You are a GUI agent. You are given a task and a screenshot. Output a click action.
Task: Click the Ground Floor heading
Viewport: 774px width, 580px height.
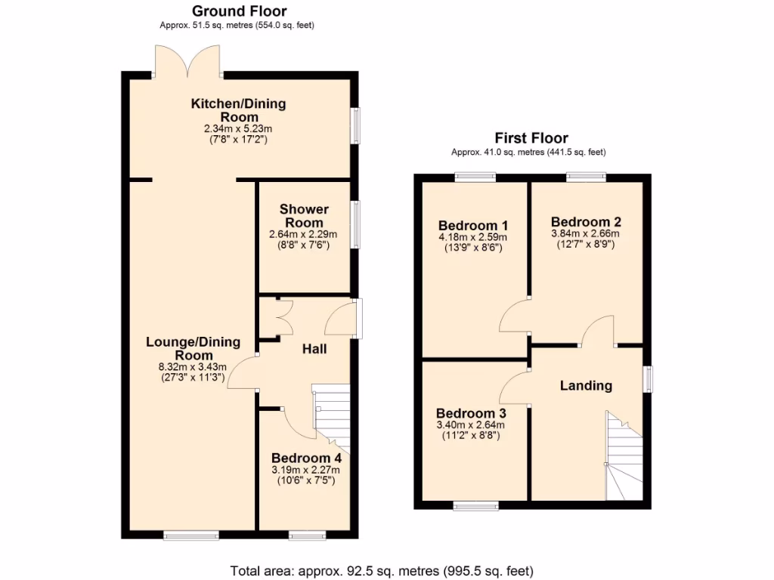(240, 11)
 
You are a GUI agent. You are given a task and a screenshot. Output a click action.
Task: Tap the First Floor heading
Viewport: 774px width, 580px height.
(531, 137)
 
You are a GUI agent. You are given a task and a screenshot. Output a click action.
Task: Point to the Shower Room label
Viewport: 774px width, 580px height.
(304, 215)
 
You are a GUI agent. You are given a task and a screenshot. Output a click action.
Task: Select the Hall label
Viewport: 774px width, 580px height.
(314, 349)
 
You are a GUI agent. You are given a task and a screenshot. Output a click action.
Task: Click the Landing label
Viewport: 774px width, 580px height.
(586, 386)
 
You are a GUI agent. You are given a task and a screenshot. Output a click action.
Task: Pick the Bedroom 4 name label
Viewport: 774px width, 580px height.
(306, 458)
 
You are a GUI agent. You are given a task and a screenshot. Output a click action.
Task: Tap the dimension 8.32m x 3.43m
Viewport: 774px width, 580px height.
(193, 367)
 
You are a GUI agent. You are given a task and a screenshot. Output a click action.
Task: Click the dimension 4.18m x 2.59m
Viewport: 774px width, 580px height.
(473, 237)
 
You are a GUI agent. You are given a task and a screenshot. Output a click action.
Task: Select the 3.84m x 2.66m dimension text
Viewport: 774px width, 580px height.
(586, 233)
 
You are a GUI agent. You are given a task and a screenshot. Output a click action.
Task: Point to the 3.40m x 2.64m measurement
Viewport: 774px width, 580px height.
(470, 425)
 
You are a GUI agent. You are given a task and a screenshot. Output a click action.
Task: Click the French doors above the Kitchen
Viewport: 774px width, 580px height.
(187, 61)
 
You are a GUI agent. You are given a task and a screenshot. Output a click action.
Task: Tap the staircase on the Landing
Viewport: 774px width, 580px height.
(624, 455)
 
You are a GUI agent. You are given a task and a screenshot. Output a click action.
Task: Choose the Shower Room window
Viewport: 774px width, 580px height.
(355, 224)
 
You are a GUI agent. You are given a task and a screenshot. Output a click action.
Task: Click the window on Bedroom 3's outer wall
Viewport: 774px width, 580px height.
(476, 505)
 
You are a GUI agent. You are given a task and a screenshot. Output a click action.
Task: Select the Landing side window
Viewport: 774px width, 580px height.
(648, 379)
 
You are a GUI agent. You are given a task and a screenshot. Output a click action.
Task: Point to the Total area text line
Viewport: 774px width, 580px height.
(382, 571)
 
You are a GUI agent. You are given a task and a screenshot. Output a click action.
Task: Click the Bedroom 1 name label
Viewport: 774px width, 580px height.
(473, 225)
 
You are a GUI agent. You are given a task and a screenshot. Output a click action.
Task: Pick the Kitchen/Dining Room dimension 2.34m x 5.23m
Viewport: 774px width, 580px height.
(238, 128)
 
